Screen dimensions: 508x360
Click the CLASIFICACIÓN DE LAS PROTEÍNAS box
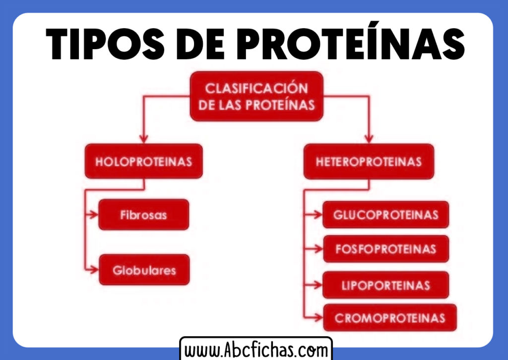256,96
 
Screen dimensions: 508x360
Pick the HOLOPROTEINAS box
144,161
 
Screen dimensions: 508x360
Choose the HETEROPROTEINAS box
369,161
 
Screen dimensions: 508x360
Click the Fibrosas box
144,215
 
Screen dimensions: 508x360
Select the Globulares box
144,270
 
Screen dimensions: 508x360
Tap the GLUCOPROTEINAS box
386,215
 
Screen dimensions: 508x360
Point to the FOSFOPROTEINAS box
386,249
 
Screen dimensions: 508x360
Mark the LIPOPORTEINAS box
386,285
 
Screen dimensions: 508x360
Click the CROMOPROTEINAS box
390,318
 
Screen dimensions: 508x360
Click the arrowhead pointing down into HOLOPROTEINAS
144,139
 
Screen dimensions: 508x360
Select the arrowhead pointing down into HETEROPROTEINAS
369,139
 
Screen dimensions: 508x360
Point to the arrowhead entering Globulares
94,270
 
